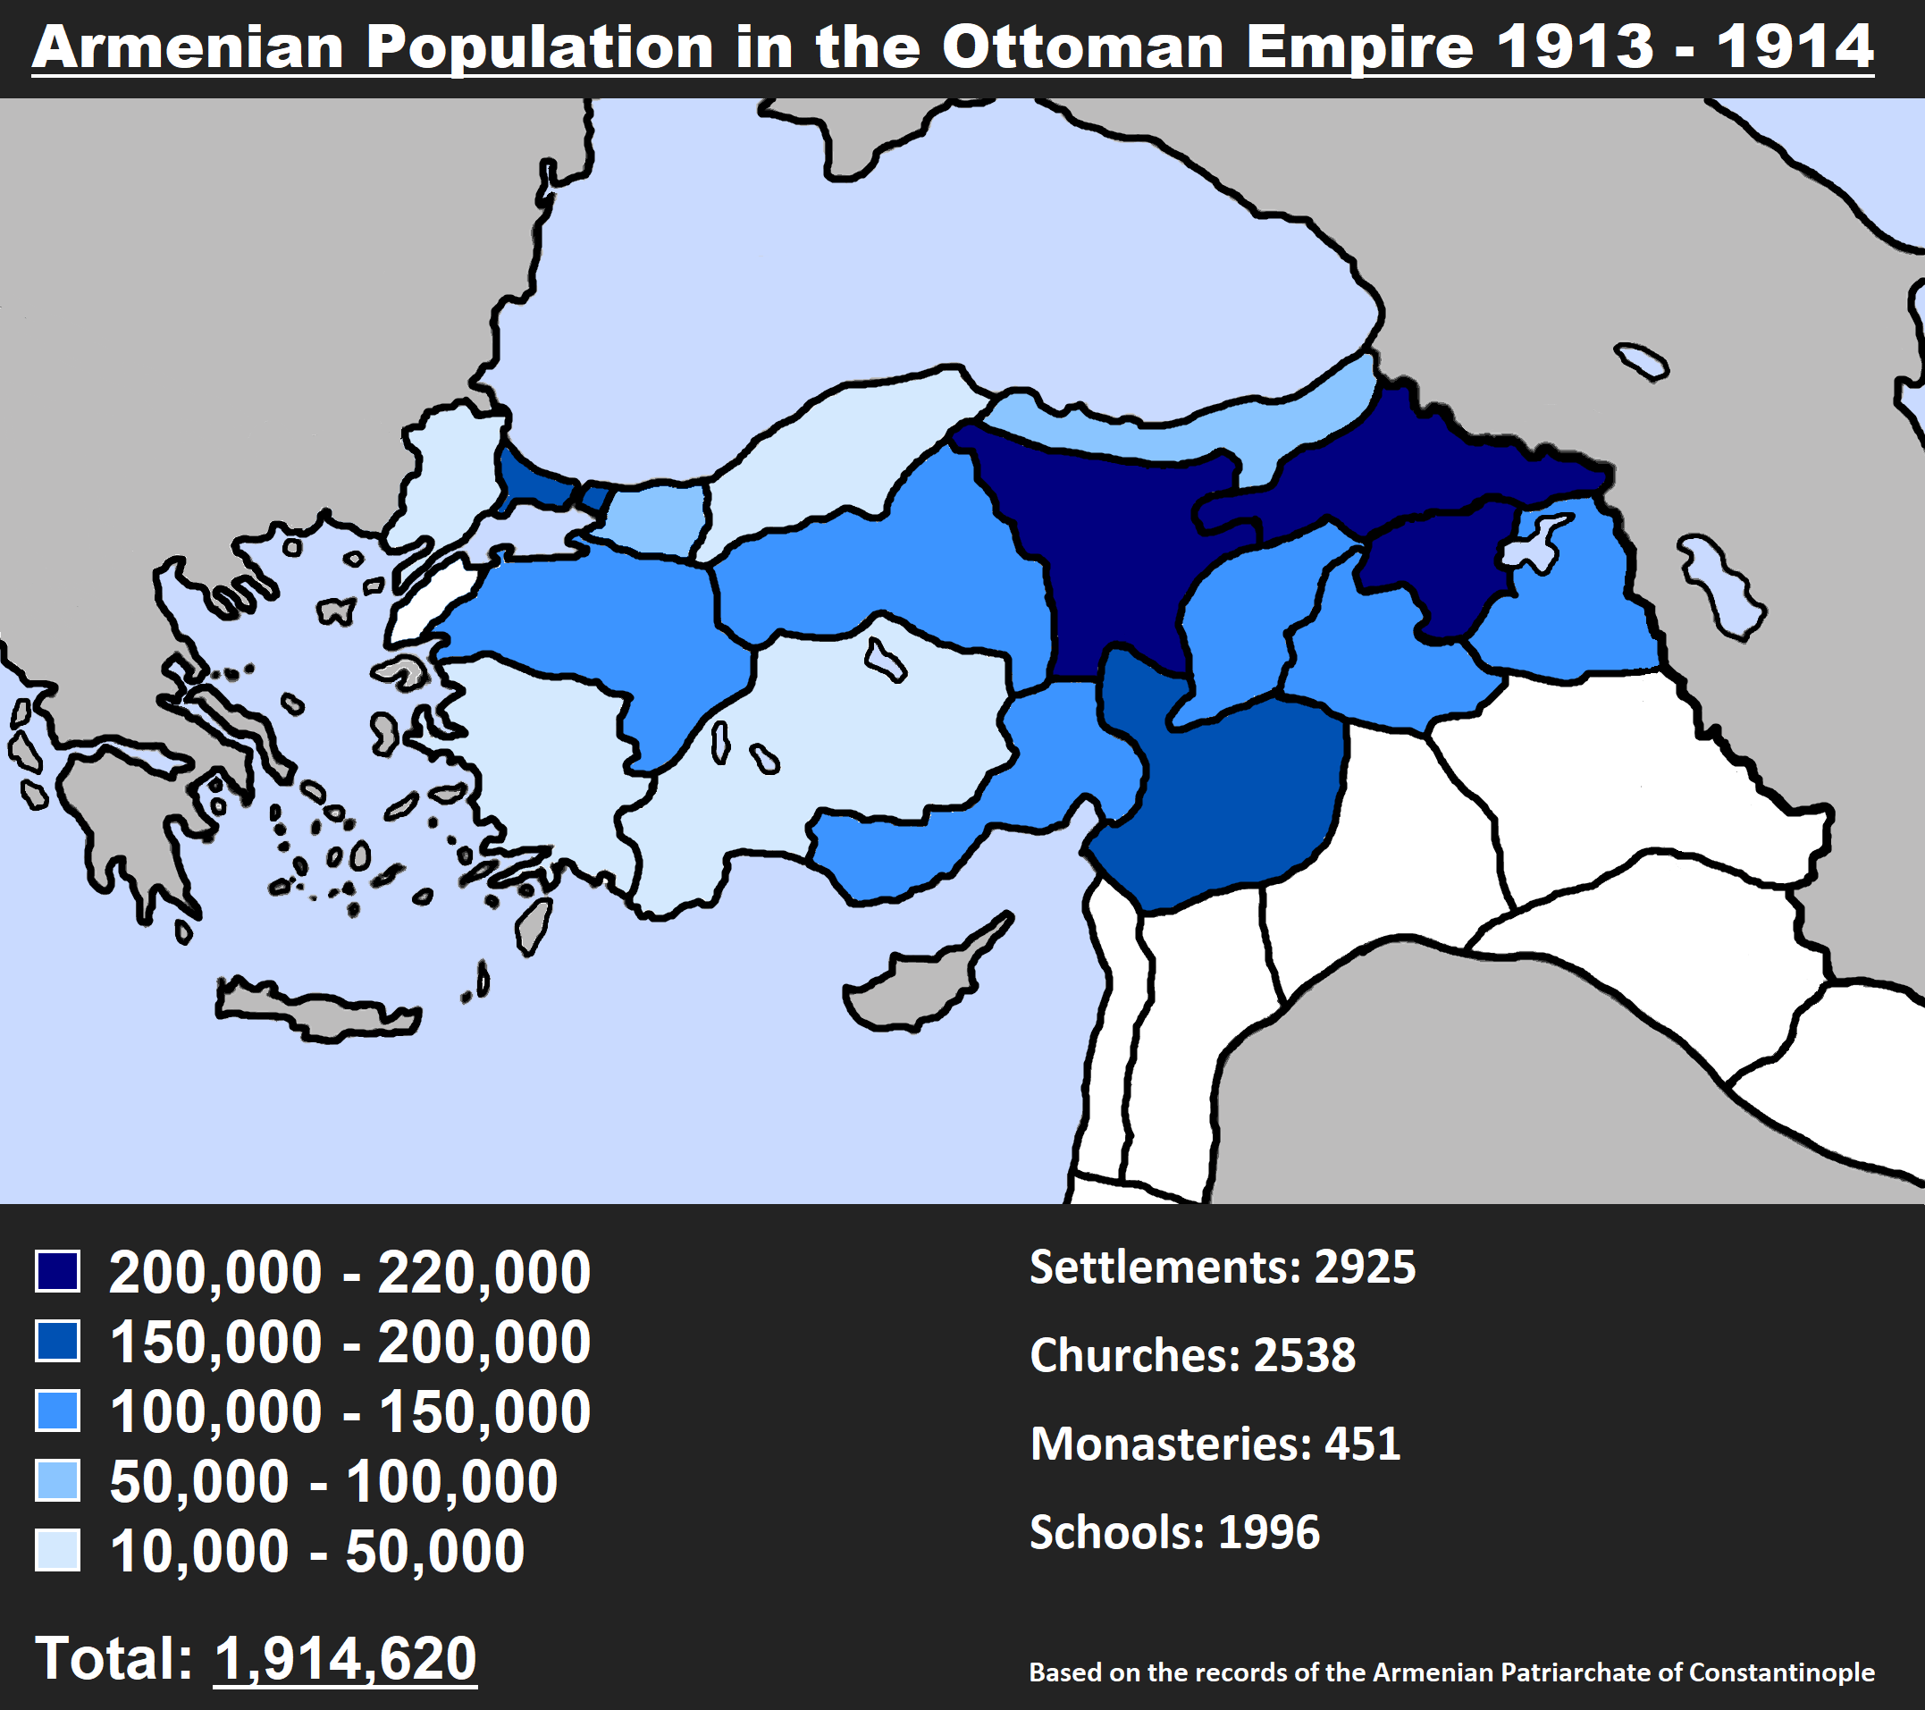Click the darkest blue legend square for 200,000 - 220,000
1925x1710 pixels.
point(57,1271)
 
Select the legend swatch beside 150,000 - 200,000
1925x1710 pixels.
point(57,1341)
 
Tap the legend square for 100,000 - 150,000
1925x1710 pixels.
point(57,1411)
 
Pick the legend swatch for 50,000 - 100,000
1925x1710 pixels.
point(57,1480)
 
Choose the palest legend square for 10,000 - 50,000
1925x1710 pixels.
point(57,1550)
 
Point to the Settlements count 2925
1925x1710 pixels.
point(1365,1268)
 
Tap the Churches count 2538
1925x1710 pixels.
point(1305,1356)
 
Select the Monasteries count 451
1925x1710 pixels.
point(1362,1444)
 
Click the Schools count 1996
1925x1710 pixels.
point(1268,1532)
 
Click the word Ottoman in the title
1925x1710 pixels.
point(1083,47)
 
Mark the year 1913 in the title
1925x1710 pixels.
point(1575,47)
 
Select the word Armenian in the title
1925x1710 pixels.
point(189,47)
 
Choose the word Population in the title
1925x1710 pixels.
point(540,47)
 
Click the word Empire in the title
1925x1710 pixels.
point(1359,47)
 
